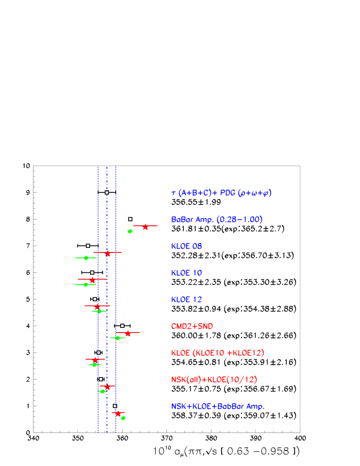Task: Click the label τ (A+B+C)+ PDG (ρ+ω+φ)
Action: [221, 193]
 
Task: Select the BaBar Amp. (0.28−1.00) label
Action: [217, 220]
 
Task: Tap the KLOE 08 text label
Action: [186, 247]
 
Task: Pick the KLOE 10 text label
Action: [186, 273]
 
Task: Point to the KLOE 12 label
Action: [186, 300]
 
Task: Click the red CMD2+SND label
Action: [192, 327]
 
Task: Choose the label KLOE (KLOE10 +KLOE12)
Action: [218, 353]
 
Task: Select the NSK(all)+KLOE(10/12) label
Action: [214, 380]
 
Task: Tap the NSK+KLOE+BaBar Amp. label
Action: [218, 407]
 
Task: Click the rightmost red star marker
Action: [145, 227]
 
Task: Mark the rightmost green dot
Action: [130, 231]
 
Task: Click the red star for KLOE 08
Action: [108, 253]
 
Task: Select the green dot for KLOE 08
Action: [86, 258]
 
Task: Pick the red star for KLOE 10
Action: [92, 280]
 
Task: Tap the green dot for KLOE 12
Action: [100, 311]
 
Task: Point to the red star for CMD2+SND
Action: [127, 333]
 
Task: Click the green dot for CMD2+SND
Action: [118, 338]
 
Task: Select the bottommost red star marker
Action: [118, 413]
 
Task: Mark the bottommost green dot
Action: [123, 418]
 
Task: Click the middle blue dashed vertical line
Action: [107, 297]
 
